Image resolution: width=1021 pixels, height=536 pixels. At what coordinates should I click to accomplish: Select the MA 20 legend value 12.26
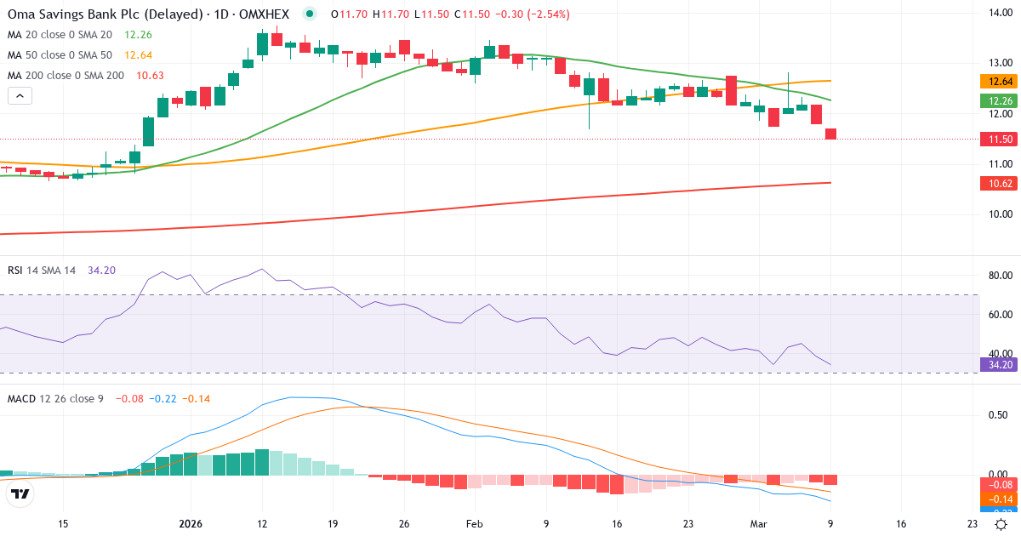coord(138,35)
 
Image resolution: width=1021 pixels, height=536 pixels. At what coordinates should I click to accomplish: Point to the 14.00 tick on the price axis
coord(997,13)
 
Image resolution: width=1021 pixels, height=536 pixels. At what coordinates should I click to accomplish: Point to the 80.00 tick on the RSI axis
coord(997,276)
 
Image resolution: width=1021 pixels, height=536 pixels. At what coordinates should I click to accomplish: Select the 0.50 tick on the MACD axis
coord(997,414)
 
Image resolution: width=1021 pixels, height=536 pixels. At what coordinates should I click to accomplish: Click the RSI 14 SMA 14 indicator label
coord(43,271)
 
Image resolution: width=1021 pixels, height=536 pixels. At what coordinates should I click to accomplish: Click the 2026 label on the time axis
coord(190,524)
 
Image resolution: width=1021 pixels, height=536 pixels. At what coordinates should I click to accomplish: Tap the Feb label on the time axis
coord(475,524)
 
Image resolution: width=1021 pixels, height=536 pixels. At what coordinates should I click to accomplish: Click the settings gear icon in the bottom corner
coord(1001,524)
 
